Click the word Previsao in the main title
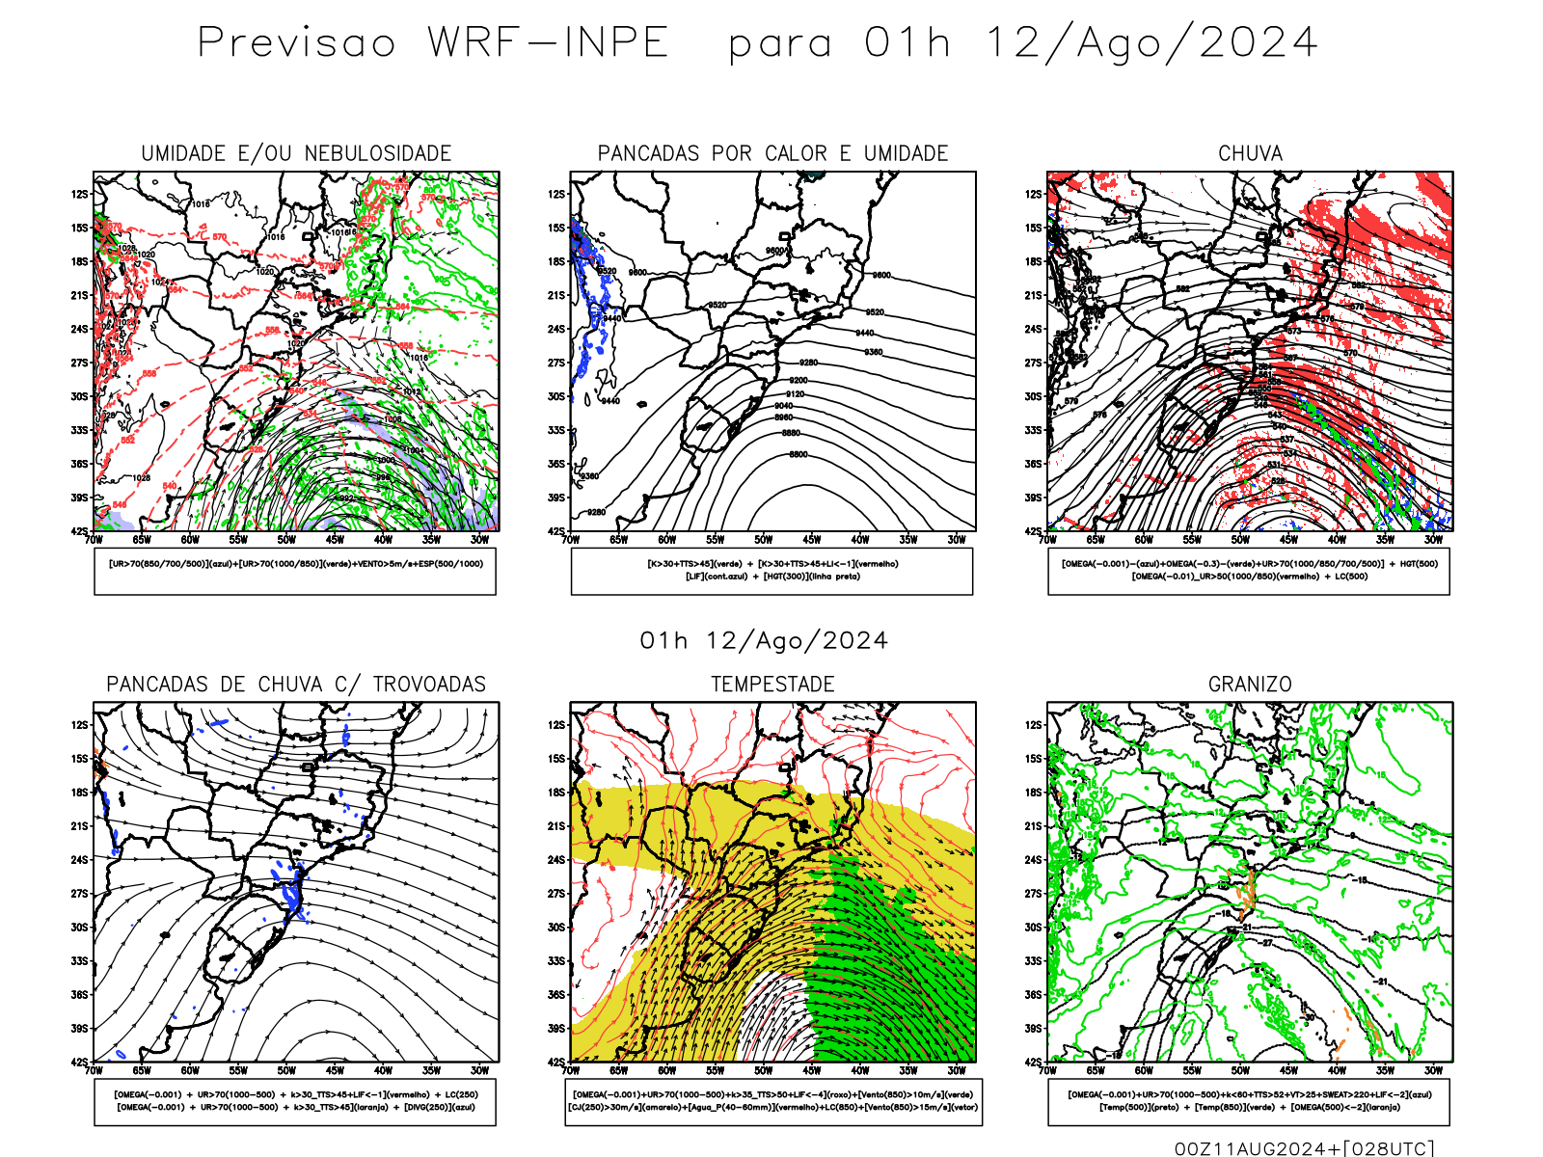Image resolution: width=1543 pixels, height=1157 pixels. pos(297,43)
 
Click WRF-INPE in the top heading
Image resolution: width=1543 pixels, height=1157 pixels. pos(548,43)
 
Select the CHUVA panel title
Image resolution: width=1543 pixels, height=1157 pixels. pos(1250,154)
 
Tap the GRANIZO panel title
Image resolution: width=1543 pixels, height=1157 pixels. pos(1250,685)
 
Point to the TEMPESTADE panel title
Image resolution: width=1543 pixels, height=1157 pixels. pos(772,685)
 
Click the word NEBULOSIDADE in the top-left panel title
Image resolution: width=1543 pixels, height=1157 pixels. pos(378,154)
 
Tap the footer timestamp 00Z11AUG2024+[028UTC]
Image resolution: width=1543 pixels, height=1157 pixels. pos(1305,1148)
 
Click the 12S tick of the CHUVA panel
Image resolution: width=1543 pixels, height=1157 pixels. pos(1033,194)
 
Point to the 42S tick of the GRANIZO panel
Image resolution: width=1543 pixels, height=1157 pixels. pos(1033,1063)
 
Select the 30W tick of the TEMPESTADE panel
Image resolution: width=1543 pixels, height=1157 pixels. pos(956,1070)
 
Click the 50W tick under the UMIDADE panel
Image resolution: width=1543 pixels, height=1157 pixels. pos(286,540)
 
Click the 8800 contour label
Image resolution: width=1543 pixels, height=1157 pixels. pos(799,454)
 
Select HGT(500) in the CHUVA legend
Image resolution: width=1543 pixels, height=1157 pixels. pos(1419,564)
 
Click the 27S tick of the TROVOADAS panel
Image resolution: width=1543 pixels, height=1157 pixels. pos(79,894)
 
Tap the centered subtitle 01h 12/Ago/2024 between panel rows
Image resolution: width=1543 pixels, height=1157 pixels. pos(764,641)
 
